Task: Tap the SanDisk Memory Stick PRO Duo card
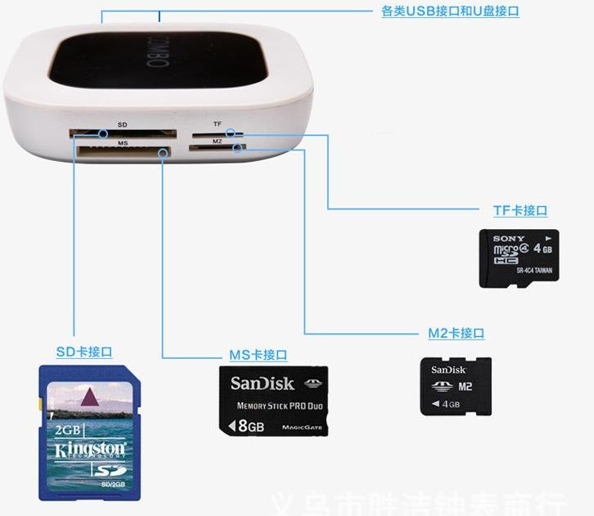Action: point(273,400)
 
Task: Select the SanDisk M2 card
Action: point(456,386)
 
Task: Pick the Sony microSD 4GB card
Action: point(519,258)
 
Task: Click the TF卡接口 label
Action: point(520,211)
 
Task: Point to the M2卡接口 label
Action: point(456,334)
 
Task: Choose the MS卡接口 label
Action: point(258,355)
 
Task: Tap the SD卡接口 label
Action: point(83,352)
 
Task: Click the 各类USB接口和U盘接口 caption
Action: point(450,11)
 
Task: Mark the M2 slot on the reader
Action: point(214,148)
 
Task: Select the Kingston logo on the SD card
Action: point(90,450)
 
